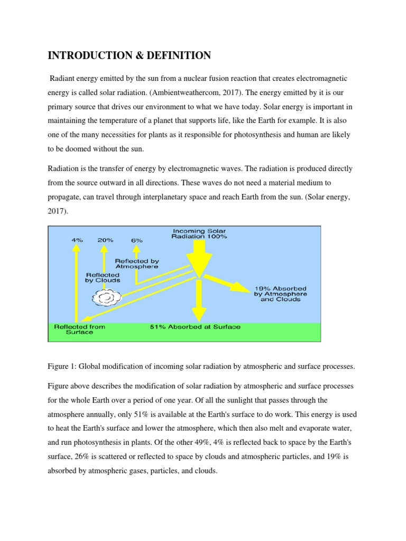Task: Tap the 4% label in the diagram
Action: (77, 239)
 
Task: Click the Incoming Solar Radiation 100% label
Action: (199, 234)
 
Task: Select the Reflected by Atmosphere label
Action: (136, 264)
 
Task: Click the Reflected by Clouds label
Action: (103, 277)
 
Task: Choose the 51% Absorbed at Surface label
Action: (196, 327)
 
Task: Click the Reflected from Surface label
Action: (80, 330)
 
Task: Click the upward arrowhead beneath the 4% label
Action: (77, 251)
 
